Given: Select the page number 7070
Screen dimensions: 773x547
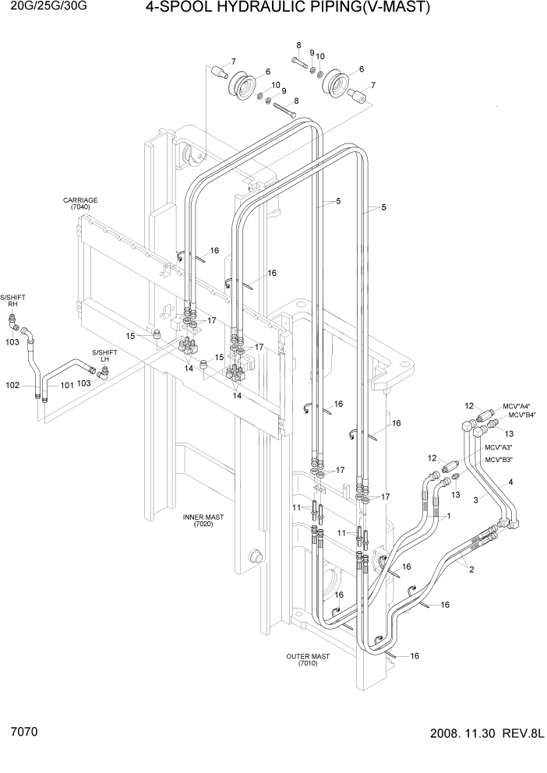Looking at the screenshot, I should pos(25,733).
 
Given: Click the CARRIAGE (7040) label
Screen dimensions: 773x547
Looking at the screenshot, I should pos(80,204).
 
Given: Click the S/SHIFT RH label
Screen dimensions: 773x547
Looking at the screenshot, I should pos(12,301).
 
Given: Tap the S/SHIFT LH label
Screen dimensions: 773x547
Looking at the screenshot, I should pos(104,355).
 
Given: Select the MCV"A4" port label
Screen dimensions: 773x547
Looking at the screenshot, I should pos(516,406).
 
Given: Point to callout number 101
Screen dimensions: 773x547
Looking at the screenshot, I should pos(66,385).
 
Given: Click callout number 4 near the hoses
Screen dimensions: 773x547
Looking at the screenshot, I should pos(511,483).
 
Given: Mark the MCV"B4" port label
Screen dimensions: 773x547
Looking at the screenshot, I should pos(516,415).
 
